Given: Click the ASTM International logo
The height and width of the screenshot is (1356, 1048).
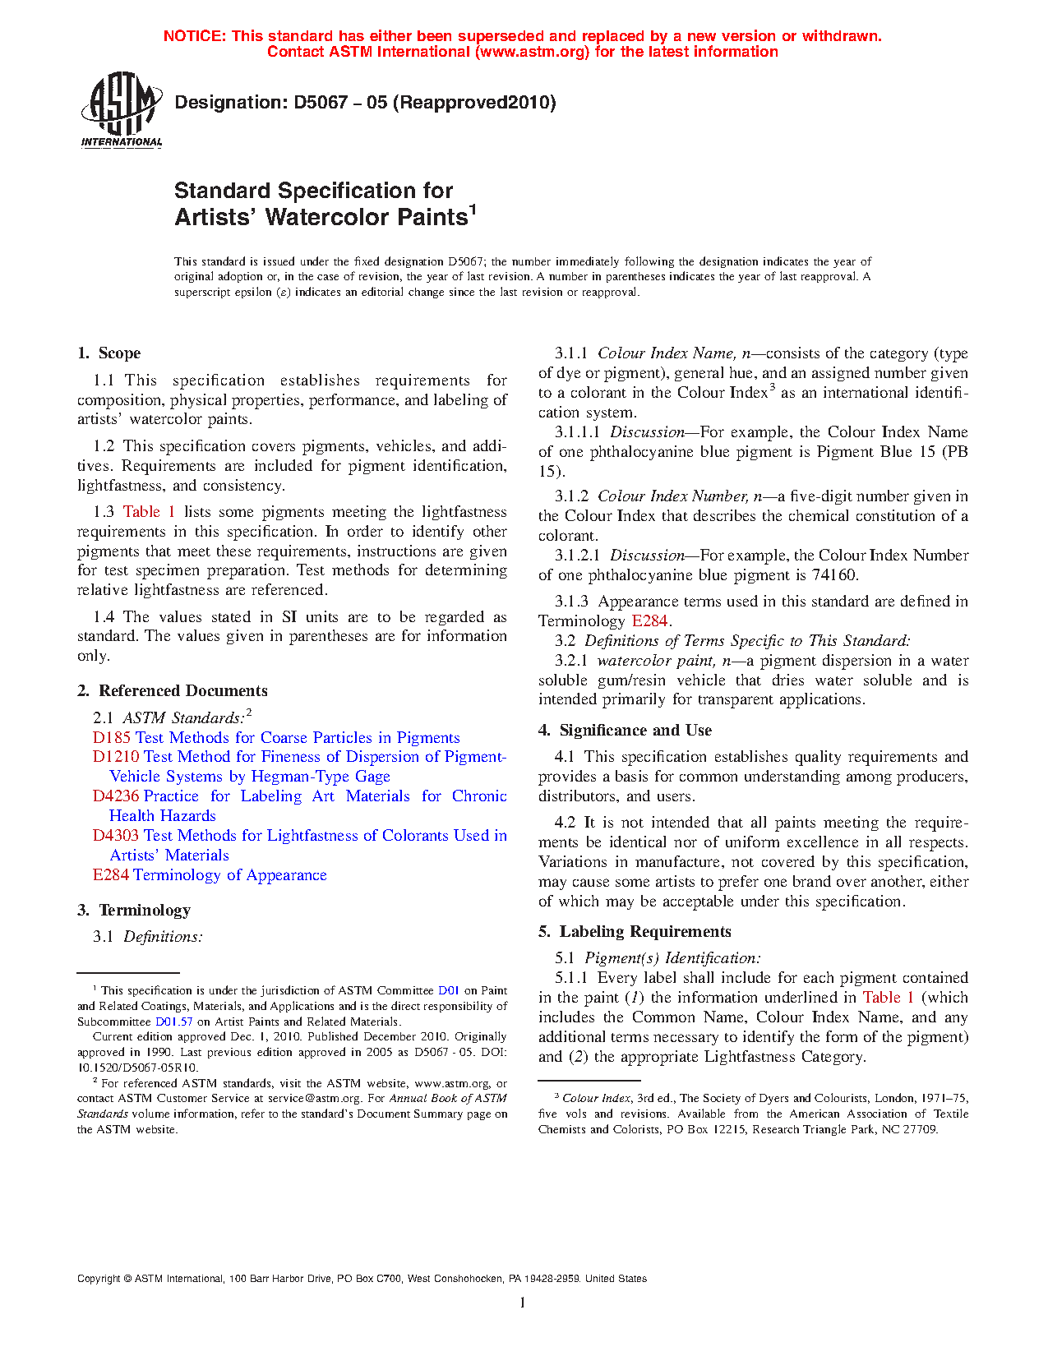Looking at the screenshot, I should [122, 108].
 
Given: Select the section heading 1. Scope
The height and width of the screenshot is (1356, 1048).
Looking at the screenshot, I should [109, 353].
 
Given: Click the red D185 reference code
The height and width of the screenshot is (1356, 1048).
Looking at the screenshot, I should [112, 738].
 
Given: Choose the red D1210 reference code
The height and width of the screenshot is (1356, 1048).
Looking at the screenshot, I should [116, 757].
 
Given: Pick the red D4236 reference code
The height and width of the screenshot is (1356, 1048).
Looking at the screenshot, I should [116, 796].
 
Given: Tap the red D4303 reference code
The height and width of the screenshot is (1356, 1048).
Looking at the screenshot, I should [116, 836].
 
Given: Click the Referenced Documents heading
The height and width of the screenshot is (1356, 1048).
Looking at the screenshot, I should [182, 691].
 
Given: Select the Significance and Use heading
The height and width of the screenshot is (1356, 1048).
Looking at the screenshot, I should [635, 731].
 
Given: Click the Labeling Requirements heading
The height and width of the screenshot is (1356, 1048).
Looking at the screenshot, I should [644, 932].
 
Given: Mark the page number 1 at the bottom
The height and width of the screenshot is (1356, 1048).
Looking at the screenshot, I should [523, 1302].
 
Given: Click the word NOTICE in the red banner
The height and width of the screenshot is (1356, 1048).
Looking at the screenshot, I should [194, 36].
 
